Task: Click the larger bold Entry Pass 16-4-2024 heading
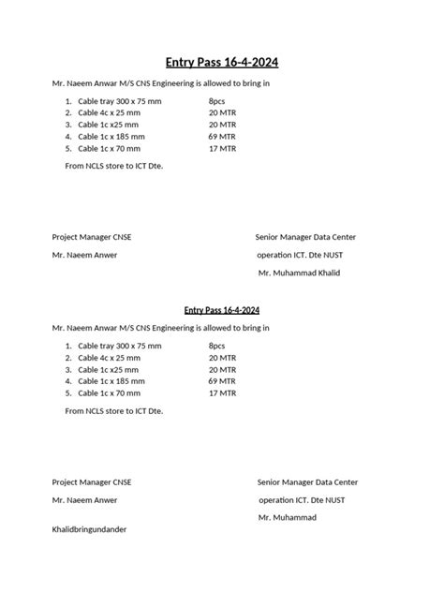pos(222,62)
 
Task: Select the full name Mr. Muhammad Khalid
pos(299,273)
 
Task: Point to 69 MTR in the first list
pos(222,136)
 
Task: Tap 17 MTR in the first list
pos(222,148)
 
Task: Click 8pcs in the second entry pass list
pos(217,345)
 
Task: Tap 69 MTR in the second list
pos(222,381)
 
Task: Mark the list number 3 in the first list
pos(68,124)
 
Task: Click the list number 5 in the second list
pos(68,393)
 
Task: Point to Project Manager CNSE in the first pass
pos(92,237)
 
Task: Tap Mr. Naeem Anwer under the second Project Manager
pos(84,500)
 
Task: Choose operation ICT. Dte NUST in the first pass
pos(299,255)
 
